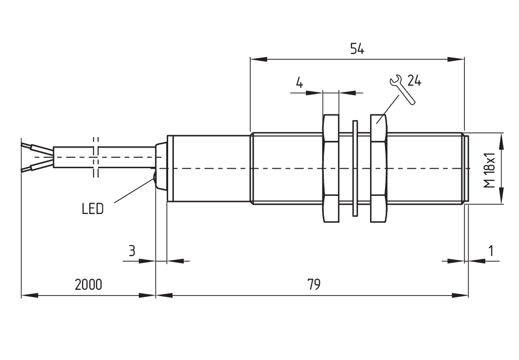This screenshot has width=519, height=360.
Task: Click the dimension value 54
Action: tap(357, 49)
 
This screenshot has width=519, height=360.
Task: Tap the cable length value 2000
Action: tap(88, 285)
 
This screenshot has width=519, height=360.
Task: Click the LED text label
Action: tap(93, 209)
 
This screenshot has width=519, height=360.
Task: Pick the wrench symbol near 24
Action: tap(401, 89)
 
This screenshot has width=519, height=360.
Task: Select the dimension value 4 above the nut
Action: tap(299, 83)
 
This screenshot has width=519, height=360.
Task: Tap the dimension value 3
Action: tap(132, 251)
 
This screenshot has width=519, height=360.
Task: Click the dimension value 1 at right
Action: tap(490, 251)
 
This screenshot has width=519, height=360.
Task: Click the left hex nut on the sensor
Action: tap(331, 169)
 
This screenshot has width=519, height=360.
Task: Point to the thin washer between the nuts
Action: tap(354, 169)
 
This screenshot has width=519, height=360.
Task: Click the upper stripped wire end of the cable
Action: tap(37, 149)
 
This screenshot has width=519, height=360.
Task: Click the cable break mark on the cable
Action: tap(95, 157)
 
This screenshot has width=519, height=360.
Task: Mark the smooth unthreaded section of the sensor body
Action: tap(208, 169)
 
